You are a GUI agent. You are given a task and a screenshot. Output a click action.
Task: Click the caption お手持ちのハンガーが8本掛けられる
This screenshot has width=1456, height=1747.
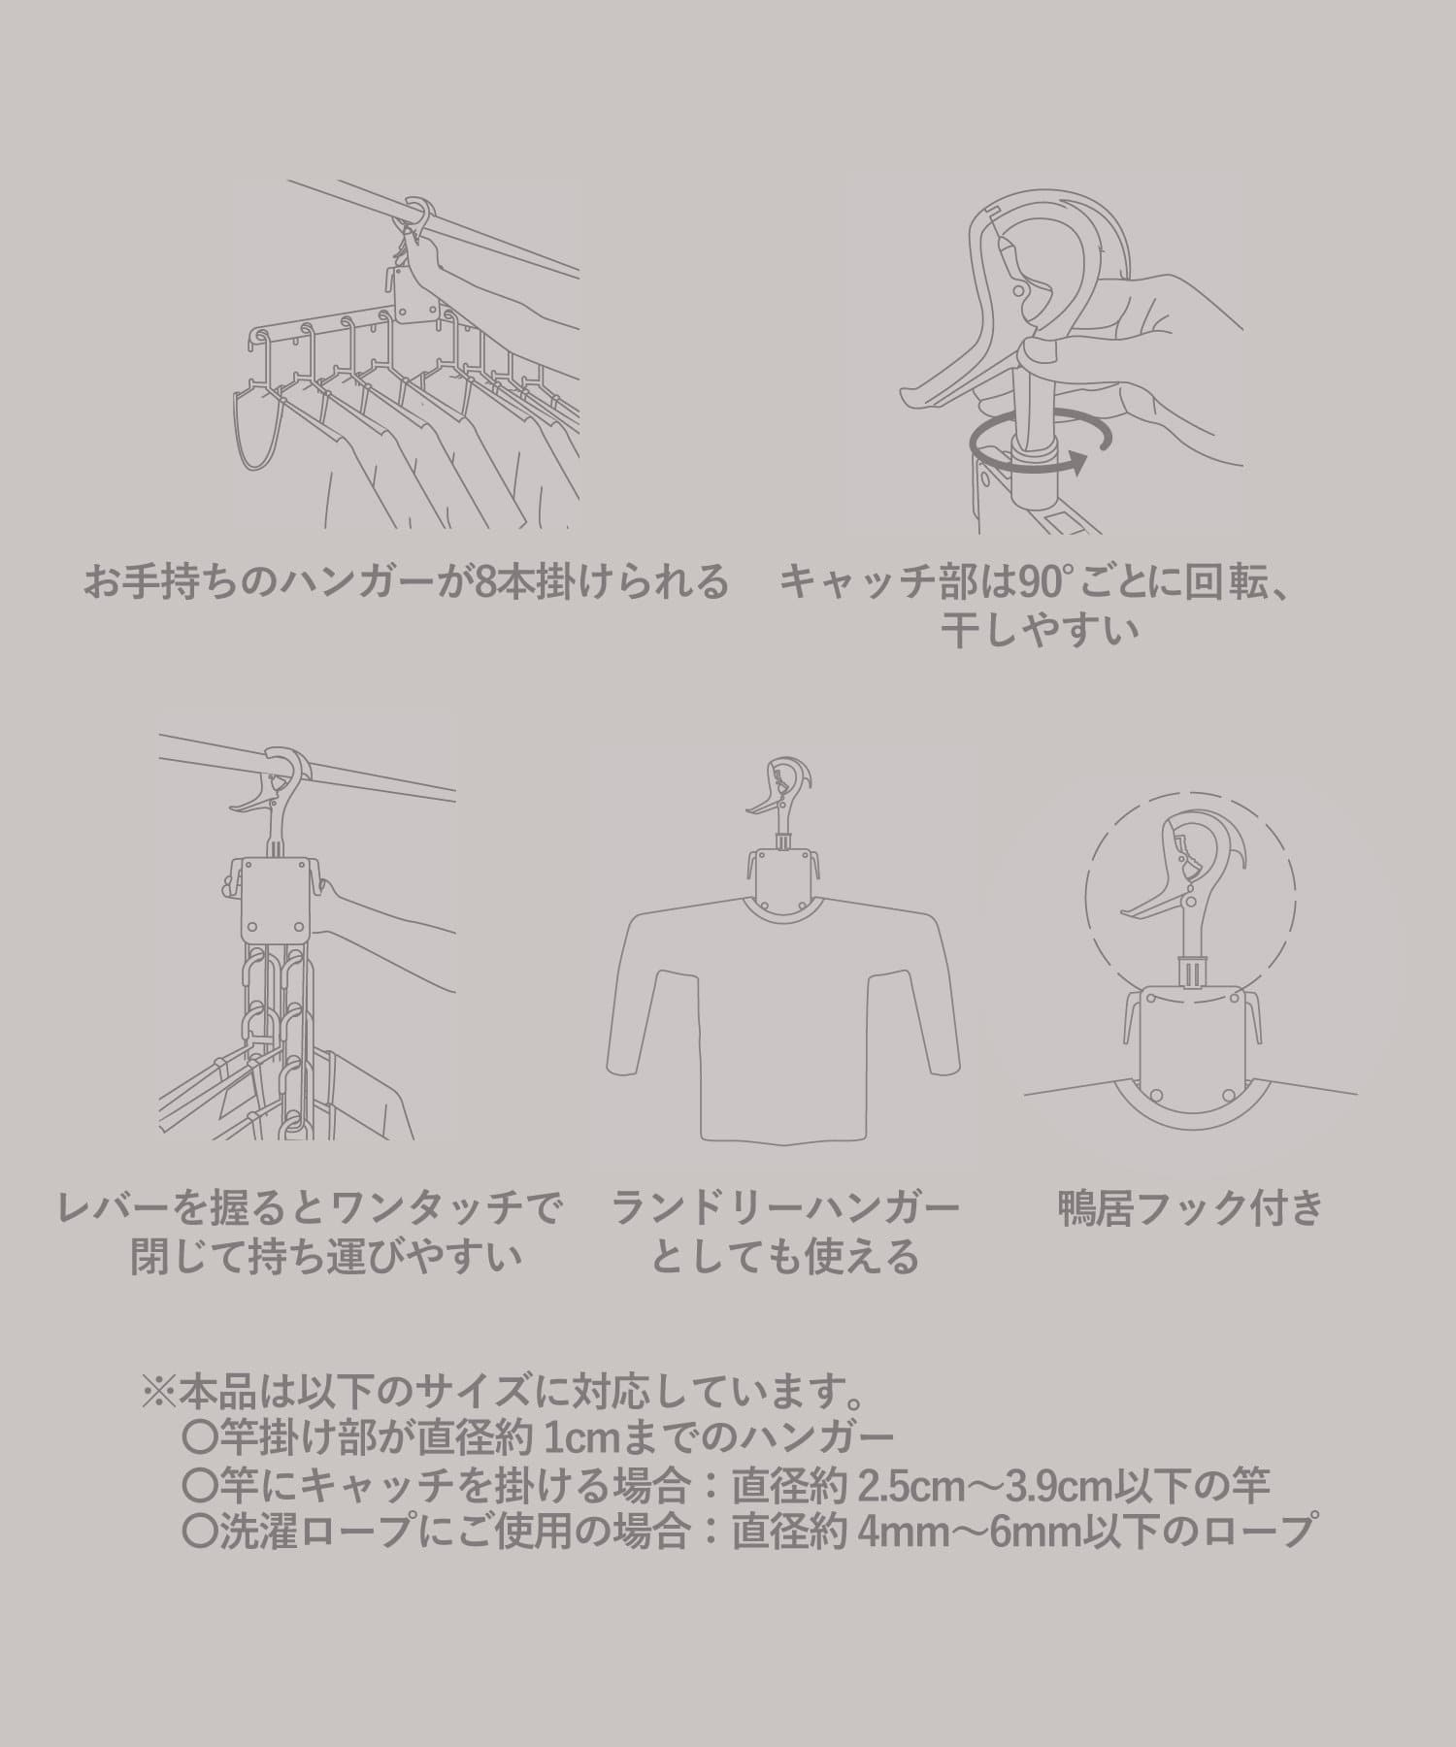pyautogui.click(x=406, y=583)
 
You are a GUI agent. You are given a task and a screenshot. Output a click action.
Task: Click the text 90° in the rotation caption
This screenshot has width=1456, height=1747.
pyautogui.click(x=1035, y=582)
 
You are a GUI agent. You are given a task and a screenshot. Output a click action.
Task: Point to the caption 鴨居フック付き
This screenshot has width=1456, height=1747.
pyautogui.click(x=1191, y=1208)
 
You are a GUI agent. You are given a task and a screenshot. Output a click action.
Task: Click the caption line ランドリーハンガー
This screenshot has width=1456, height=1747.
pyautogui.click(x=784, y=1208)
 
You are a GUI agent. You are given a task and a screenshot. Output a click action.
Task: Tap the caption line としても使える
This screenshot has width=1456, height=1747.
pyautogui.click(x=784, y=1258)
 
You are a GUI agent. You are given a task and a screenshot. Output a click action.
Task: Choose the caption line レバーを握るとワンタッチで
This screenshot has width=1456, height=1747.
pyautogui.click(x=310, y=1208)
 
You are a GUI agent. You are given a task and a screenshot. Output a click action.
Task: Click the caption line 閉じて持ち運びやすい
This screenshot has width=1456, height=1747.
pyautogui.click(x=327, y=1258)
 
